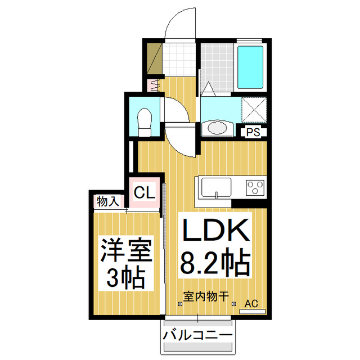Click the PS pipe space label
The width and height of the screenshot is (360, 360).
click(x=254, y=133)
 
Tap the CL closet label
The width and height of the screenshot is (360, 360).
click(x=143, y=193)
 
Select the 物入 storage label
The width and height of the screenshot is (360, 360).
click(x=107, y=201)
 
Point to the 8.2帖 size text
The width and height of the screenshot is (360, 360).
click(x=214, y=263)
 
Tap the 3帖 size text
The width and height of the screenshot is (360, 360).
click(x=127, y=277)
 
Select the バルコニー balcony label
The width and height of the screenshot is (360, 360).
click(x=197, y=336)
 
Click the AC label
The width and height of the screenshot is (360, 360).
click(x=253, y=304)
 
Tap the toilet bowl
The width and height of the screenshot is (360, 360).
click(x=145, y=119)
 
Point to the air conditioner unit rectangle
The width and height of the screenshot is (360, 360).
click(x=252, y=311)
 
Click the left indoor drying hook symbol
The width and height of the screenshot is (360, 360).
click(x=180, y=304)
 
